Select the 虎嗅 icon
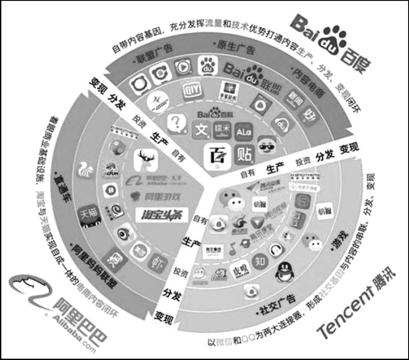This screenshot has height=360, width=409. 240,268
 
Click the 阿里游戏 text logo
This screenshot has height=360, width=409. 151,196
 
